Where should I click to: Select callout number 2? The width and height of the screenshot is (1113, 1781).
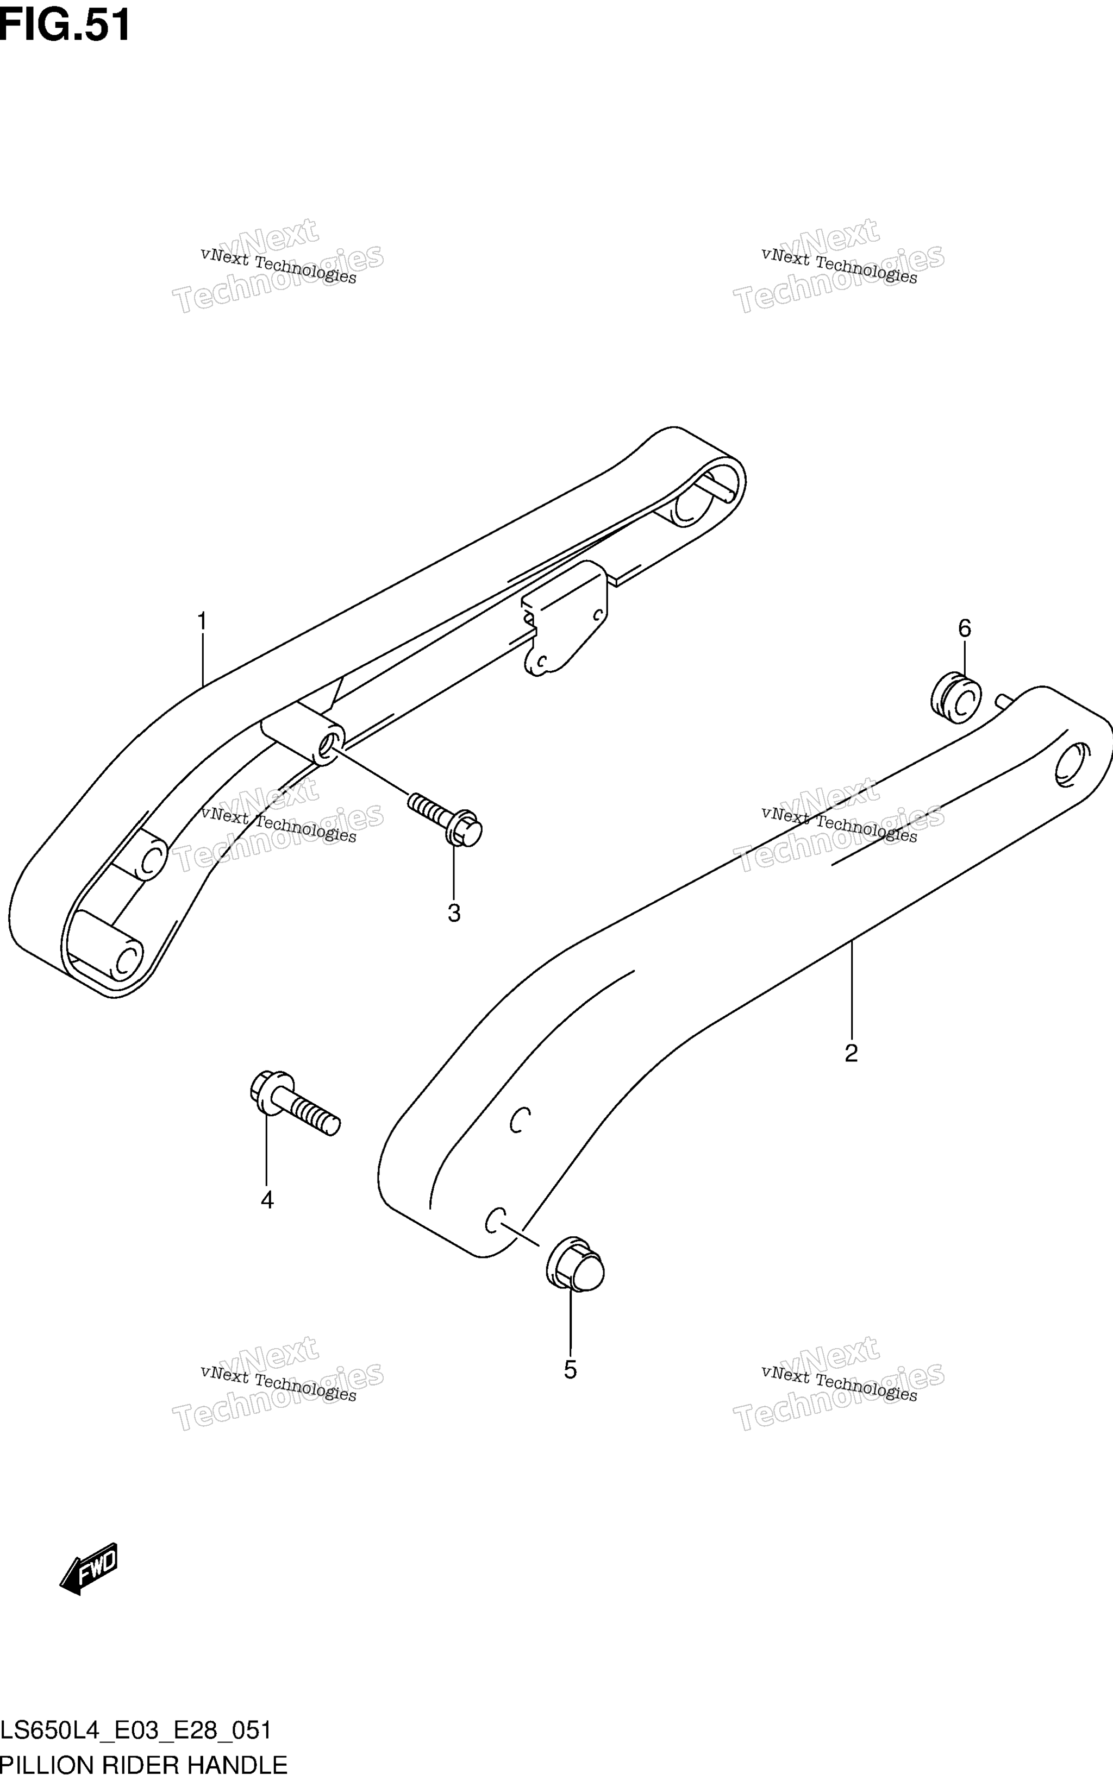point(851,1053)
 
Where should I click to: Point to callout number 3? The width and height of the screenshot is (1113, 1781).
point(454,914)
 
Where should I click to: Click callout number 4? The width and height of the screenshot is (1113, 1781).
point(267,1200)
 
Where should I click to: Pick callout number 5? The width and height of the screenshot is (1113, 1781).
point(571,1370)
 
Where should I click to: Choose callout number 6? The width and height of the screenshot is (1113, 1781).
point(964,628)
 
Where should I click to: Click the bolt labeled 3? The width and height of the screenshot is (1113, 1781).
point(445,819)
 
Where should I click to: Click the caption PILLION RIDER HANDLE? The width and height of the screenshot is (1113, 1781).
point(143,1764)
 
